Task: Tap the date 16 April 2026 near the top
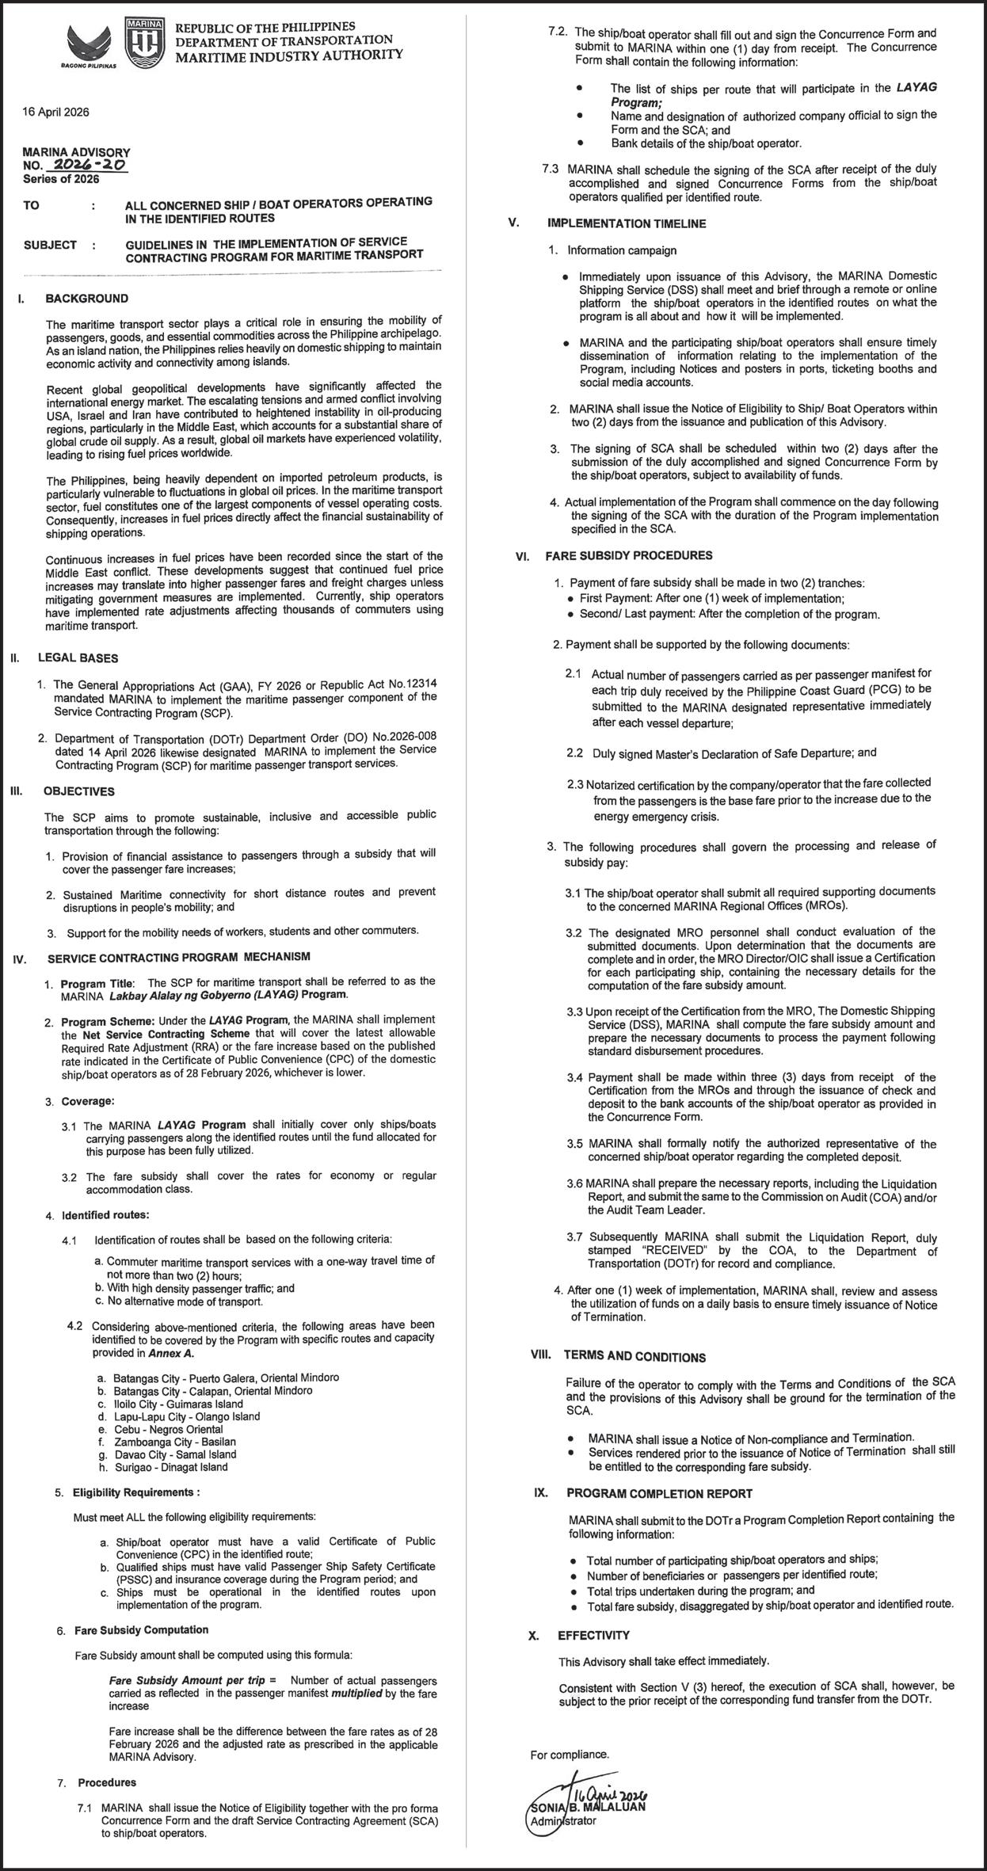[x=55, y=112]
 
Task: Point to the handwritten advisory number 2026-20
[x=87, y=166]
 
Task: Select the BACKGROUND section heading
[x=86, y=299]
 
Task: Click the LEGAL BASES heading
[x=78, y=657]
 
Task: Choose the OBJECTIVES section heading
[x=79, y=791]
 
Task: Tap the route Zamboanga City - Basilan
[x=174, y=1442]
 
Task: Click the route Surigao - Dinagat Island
[x=170, y=1467]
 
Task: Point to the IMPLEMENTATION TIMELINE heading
[x=626, y=223]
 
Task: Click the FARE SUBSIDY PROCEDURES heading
[x=628, y=555]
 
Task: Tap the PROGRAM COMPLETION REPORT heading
[x=659, y=1493]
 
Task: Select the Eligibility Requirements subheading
[x=135, y=1492]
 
